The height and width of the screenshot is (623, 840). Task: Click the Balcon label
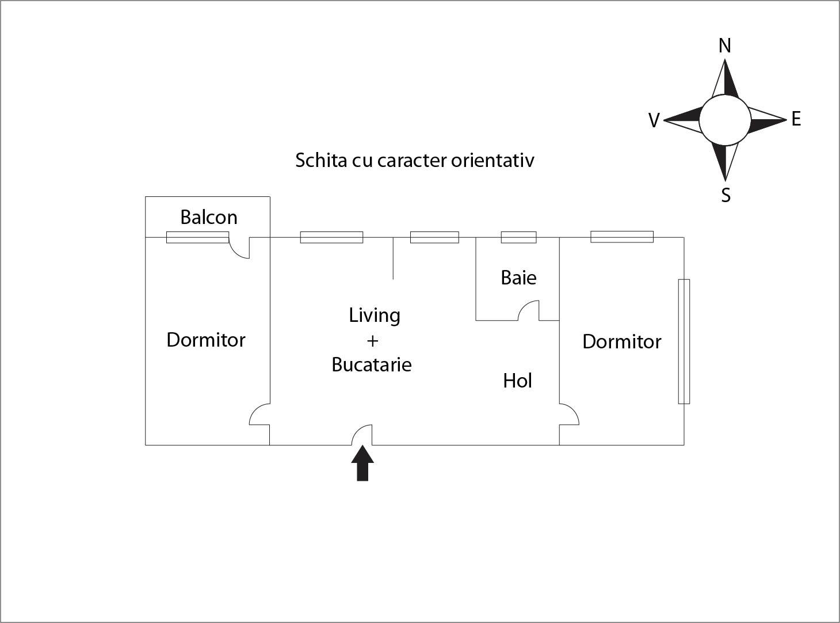pos(209,217)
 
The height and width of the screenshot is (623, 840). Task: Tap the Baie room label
pos(518,278)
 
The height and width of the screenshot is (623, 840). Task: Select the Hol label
pos(517,381)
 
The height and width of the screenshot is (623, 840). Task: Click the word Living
pos(375,316)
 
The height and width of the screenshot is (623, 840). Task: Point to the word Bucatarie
pos(372,364)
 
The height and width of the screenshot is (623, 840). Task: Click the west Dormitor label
pos(206,340)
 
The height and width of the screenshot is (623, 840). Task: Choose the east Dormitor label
pos(621,341)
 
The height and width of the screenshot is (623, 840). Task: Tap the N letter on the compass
pos(725,45)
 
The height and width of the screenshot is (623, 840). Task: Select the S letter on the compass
pos(726,196)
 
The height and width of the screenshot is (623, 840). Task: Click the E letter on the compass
pos(796,119)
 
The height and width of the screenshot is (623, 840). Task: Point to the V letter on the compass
pos(654,120)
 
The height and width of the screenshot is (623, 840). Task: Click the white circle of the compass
pos(725,120)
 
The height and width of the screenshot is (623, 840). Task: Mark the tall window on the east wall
pos(684,341)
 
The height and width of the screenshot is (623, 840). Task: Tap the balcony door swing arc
pos(239,249)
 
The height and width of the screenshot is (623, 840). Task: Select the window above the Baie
pos(518,237)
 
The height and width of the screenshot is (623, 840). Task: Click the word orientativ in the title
pos(492,160)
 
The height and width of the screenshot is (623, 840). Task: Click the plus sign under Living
pos(372,340)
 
